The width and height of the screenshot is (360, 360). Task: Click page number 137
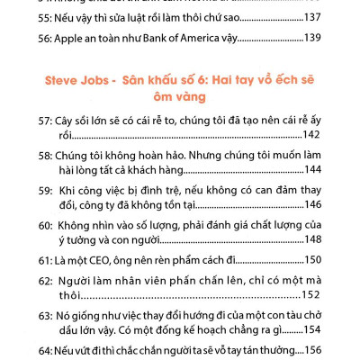point(310,16)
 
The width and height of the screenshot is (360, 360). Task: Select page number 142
point(310,135)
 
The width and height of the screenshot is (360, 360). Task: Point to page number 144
point(310,168)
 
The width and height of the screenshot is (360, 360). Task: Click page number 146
point(310,205)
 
